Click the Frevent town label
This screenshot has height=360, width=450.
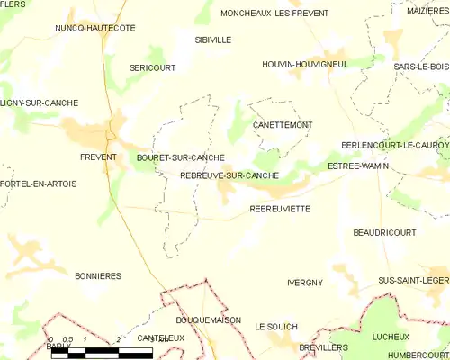(98, 157)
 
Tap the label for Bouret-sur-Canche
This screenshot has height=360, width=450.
(180, 157)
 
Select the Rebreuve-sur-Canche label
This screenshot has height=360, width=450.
(229, 175)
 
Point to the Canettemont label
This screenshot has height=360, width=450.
(283, 124)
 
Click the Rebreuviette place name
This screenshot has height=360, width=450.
(280, 208)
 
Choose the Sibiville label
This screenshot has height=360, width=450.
(213, 40)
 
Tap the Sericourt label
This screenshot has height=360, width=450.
(151, 68)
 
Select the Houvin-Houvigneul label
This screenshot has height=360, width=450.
(304, 65)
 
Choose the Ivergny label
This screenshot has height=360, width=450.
(304, 283)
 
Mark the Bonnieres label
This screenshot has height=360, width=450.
(98, 276)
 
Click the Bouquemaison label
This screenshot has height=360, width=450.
(211, 319)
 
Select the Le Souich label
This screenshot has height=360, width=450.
(275, 326)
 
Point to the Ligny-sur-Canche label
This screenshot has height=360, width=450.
(39, 103)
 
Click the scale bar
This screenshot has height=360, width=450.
(101, 353)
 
